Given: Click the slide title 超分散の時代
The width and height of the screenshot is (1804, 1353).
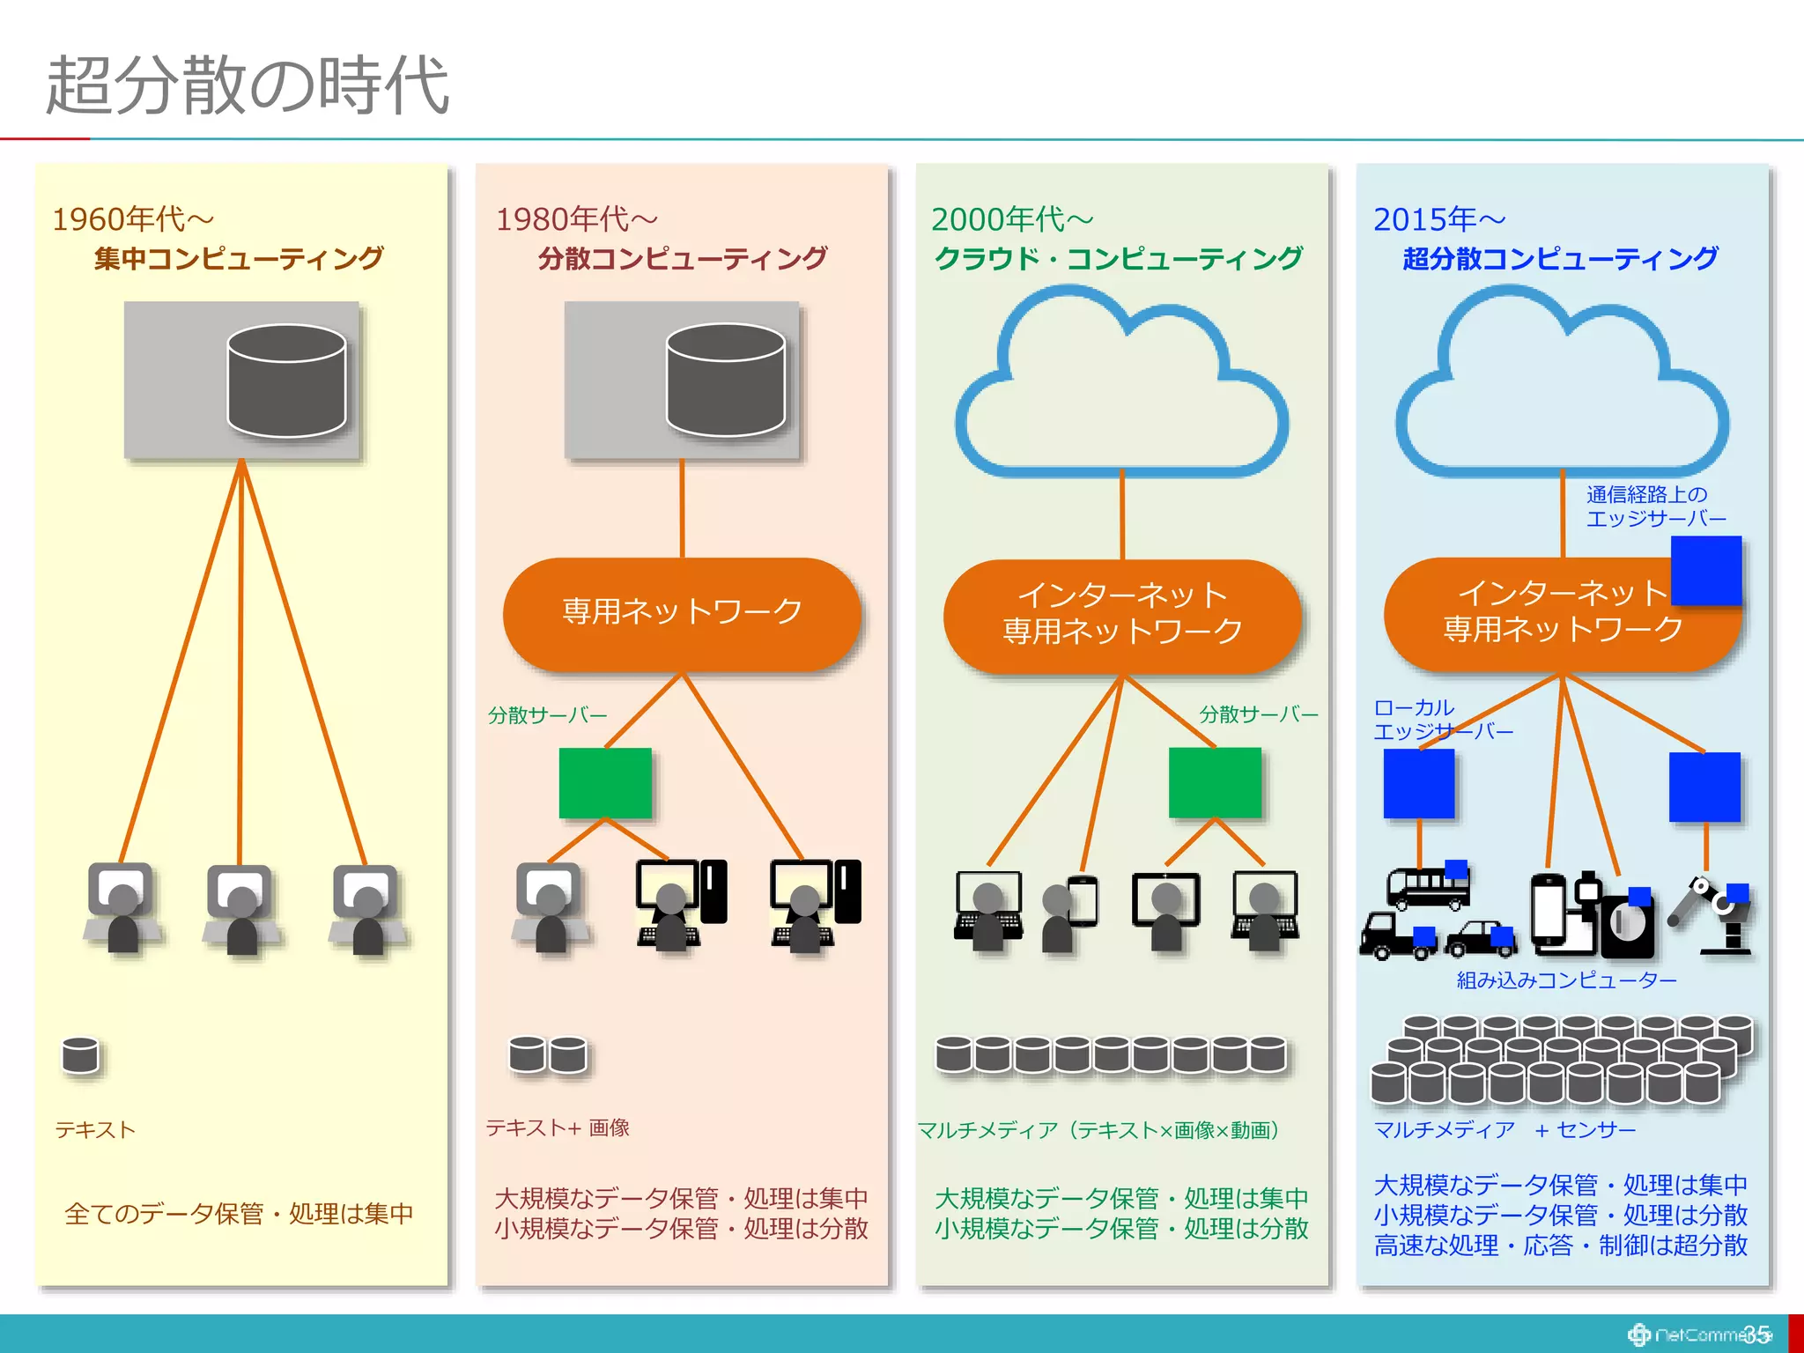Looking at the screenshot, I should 248,85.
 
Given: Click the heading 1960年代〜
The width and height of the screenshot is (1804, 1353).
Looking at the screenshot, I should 133,219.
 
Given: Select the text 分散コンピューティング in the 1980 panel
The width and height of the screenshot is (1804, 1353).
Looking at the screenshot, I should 683,258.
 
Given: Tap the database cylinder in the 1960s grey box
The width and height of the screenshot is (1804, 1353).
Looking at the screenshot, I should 286,381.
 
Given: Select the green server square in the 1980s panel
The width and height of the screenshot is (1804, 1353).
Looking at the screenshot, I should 605,783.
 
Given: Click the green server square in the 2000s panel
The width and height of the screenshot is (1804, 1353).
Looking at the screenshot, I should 1215,783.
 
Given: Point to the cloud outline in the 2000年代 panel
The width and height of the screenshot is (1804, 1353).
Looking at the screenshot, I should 1121,388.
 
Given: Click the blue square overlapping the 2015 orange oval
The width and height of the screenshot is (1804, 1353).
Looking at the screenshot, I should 1705,570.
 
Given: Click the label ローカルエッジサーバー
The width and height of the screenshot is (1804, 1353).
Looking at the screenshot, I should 1442,720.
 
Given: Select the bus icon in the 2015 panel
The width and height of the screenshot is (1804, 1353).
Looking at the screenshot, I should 1427,886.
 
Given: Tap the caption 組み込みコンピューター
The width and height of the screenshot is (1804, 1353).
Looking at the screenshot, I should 1566,980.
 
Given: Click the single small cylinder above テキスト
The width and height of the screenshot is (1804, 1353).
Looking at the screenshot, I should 80,1055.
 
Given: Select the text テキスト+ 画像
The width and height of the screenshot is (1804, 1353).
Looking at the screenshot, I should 558,1127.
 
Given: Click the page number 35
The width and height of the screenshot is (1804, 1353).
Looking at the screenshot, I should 1756,1335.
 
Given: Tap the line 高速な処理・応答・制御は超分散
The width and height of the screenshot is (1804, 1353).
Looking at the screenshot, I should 1560,1246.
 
